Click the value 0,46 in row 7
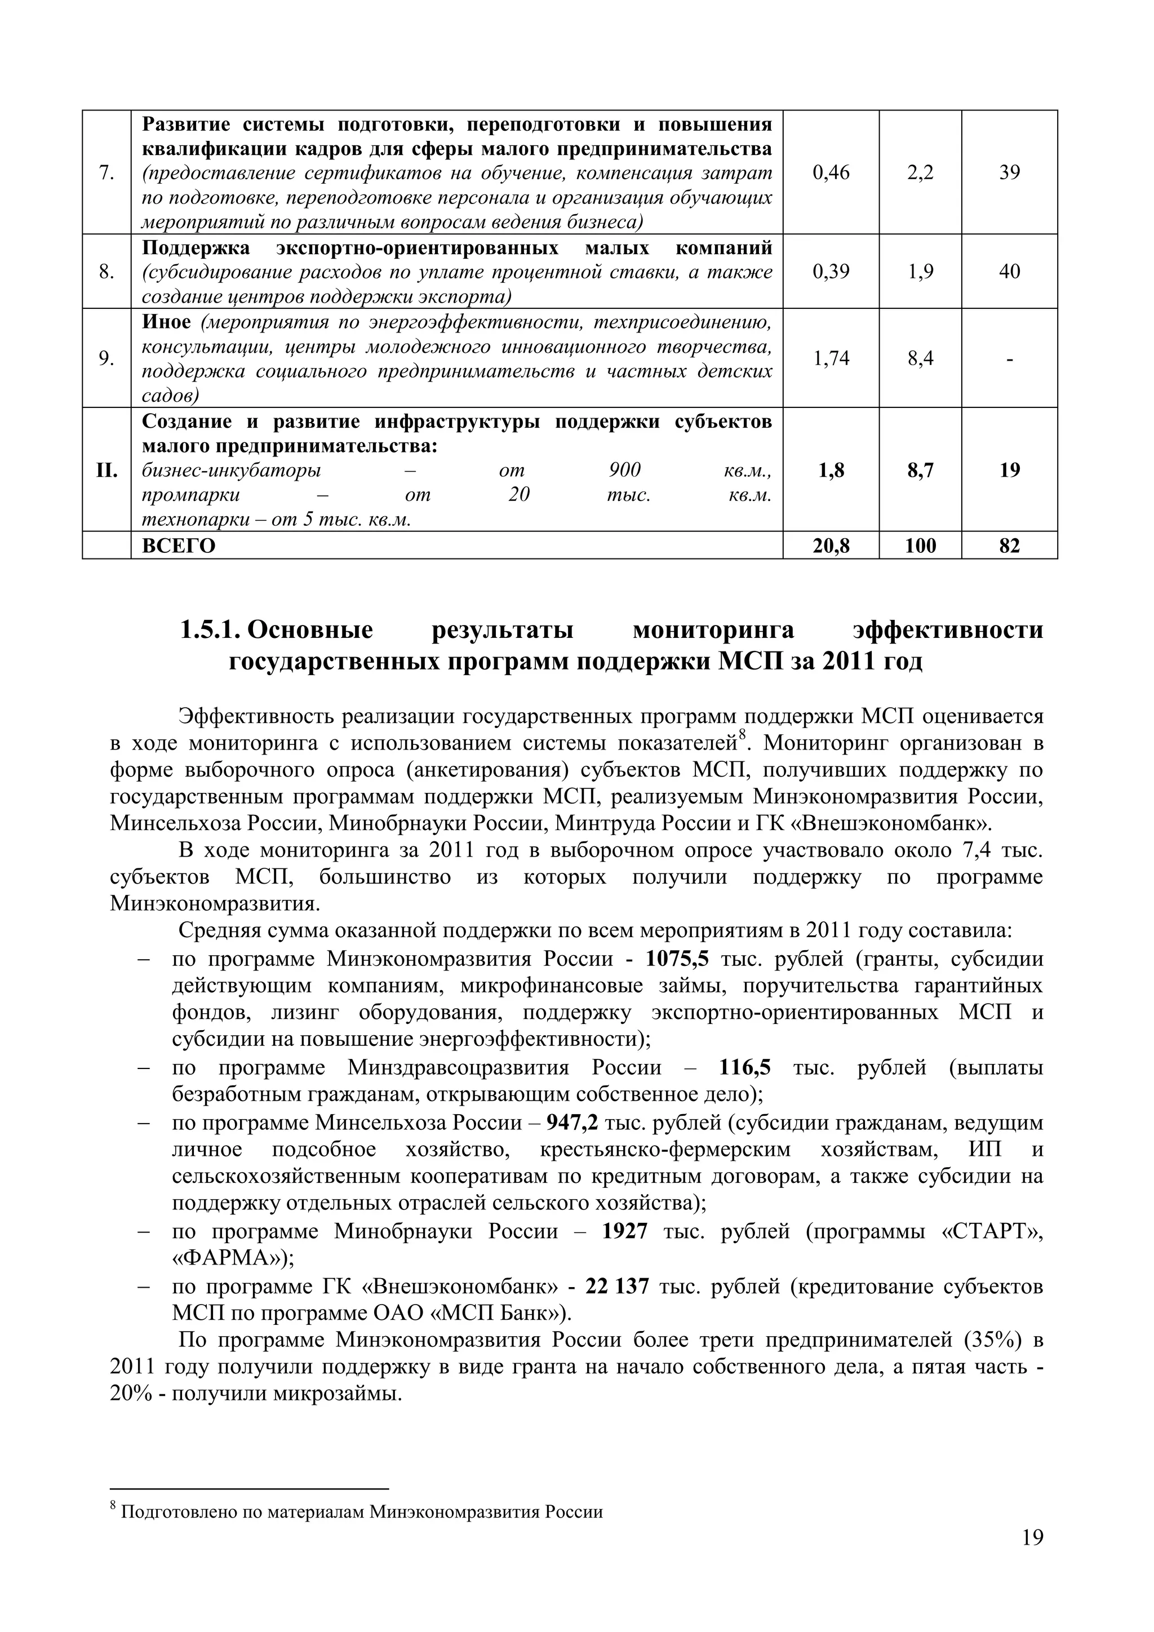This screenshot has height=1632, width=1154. [x=831, y=173]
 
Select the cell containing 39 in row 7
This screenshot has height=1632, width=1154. [x=1009, y=173]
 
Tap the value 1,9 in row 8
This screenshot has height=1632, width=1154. [x=920, y=272]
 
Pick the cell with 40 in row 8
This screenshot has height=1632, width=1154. [x=1009, y=272]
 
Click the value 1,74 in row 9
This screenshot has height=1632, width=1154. [x=831, y=358]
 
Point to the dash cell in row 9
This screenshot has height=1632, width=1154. [x=1009, y=359]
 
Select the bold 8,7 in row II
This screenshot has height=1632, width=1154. [x=920, y=470]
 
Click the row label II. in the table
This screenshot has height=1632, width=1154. [x=106, y=471]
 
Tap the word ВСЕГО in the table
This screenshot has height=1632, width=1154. [x=179, y=546]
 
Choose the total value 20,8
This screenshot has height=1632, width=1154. [x=831, y=546]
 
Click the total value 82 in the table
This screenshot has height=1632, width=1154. [x=1009, y=546]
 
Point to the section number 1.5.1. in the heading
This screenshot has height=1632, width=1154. [x=211, y=631]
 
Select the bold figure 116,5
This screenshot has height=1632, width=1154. [x=745, y=1068]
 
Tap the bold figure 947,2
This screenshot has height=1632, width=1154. [x=572, y=1123]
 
